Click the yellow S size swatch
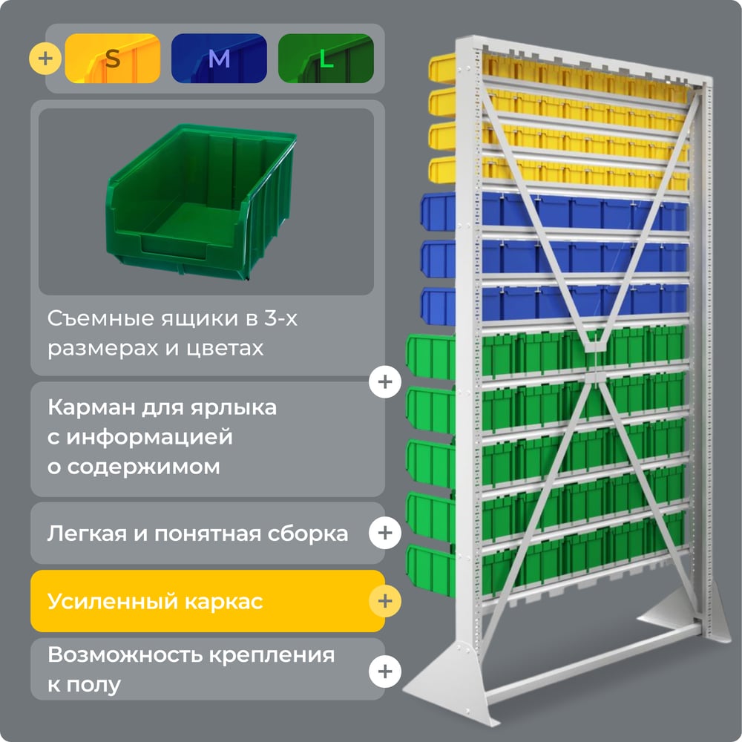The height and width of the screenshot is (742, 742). tap(113, 58)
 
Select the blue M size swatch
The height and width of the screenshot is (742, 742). tap(219, 58)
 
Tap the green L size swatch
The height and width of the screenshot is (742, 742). tap(326, 58)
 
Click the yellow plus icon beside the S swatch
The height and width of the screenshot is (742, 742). tap(45, 59)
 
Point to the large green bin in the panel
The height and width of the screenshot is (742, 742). tap(201, 201)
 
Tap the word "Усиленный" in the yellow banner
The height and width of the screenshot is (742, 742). tap(112, 602)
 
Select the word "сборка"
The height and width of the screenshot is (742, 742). tap(308, 533)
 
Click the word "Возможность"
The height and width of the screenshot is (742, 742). tap(125, 655)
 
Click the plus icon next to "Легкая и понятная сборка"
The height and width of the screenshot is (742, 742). tap(385, 533)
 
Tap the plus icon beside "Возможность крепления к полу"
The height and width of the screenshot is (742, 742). tap(385, 672)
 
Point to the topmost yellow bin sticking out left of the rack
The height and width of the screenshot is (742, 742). tap(442, 68)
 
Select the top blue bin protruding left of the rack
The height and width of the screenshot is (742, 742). tap(439, 211)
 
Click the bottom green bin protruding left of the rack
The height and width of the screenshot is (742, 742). tap(430, 570)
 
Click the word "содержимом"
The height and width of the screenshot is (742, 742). tap(144, 467)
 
